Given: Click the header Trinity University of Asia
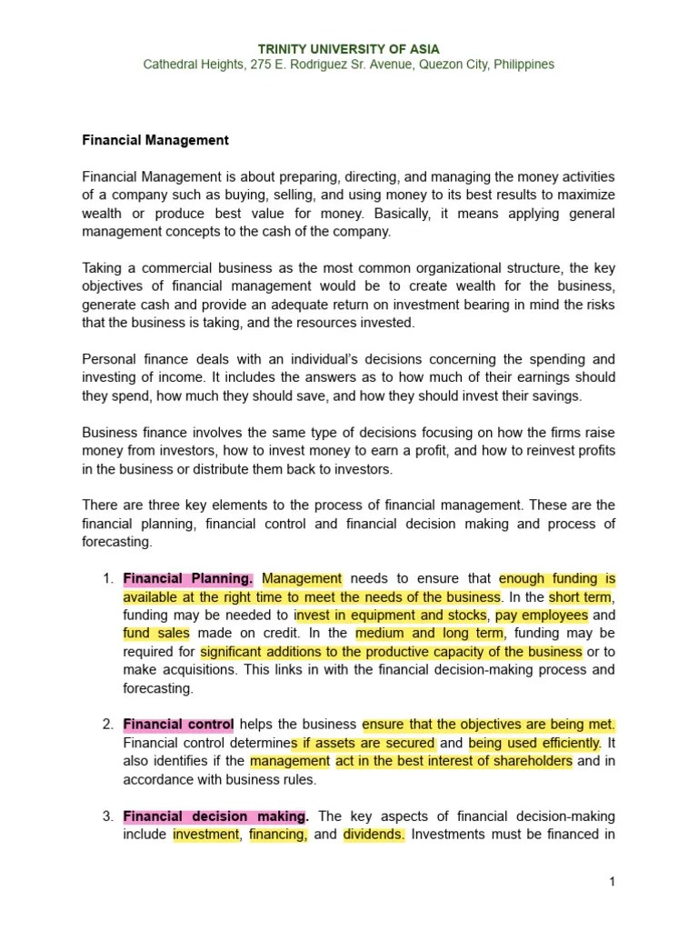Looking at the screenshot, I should (349, 48).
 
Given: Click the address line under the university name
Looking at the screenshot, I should (349, 65).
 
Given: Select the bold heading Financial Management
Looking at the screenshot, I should (155, 141).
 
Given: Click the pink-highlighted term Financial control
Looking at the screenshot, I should (178, 725).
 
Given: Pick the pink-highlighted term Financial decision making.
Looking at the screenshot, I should (216, 816).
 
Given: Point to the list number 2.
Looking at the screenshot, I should (106, 725).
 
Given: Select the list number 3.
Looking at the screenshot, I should (106, 816).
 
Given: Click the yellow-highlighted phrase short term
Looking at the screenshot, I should (582, 597).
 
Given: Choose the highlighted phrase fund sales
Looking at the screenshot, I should (156, 634).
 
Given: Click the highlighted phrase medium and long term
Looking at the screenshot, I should (429, 634).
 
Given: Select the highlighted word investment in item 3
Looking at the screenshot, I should (205, 835).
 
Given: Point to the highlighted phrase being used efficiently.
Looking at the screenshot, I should (534, 743).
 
